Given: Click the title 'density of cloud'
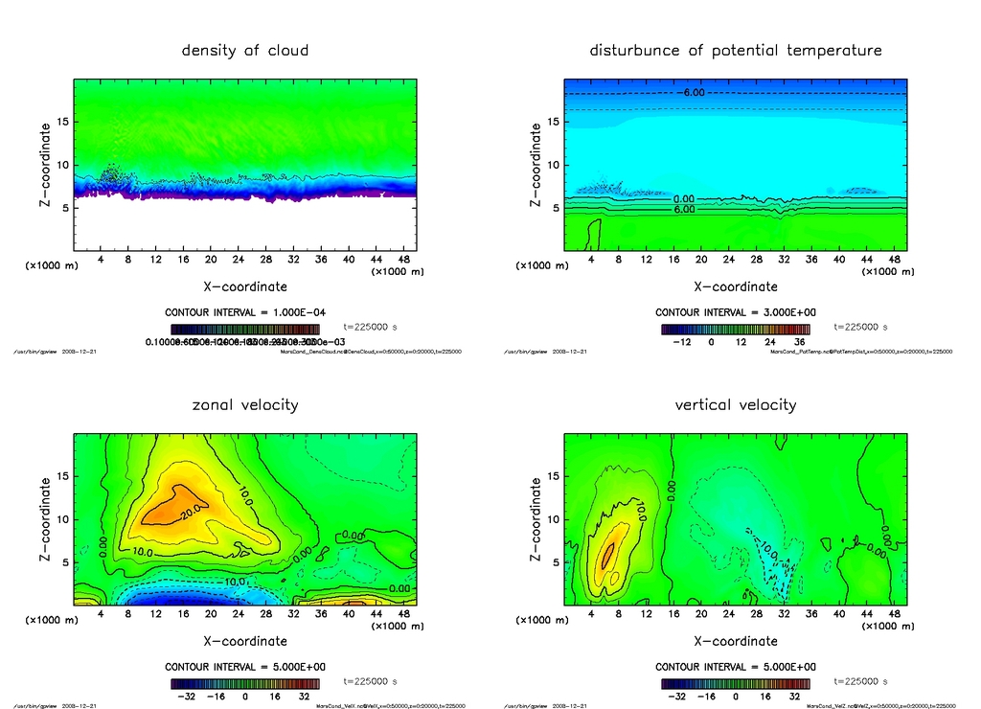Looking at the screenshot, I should tap(245, 50).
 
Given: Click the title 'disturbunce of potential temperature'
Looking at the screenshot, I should tap(736, 50).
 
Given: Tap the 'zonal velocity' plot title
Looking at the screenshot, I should tap(245, 404).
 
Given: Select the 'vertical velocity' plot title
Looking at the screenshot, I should tap(736, 404).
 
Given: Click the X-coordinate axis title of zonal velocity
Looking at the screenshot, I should tap(245, 641).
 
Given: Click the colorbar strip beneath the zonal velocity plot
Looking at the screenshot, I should tap(245, 684).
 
